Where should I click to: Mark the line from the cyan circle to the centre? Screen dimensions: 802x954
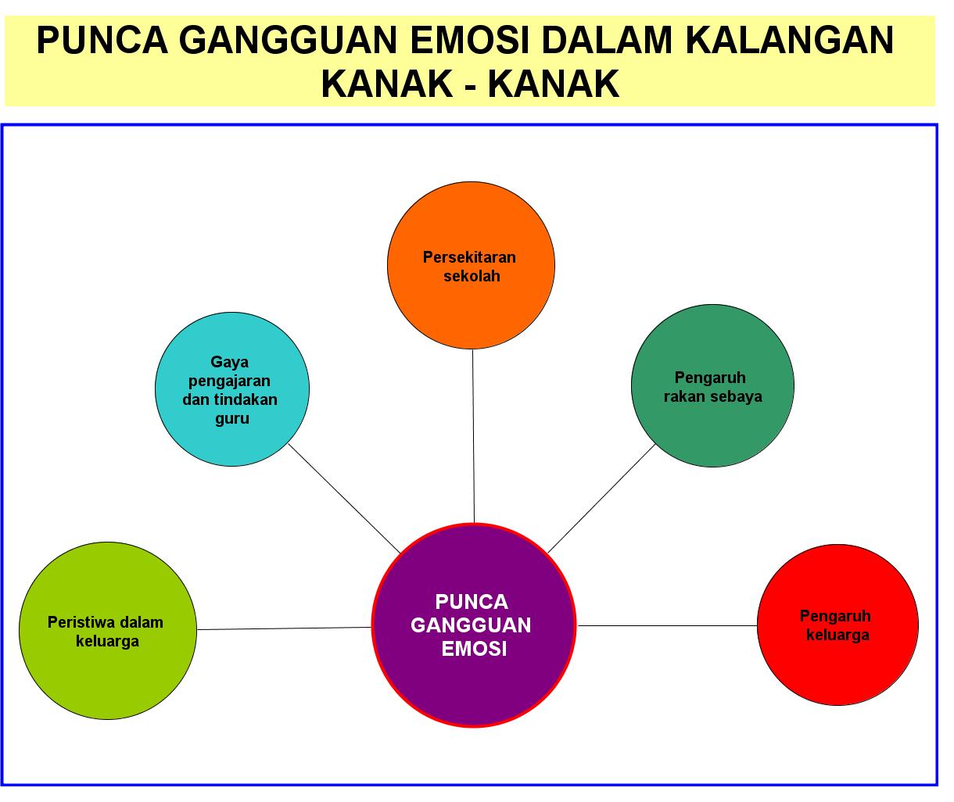pos(344,498)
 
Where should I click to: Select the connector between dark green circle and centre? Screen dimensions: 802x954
pos(601,499)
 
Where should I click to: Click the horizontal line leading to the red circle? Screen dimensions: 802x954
pos(667,625)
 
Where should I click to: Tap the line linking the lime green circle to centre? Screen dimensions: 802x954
pos(284,628)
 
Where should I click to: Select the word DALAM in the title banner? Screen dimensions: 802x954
pos(621,41)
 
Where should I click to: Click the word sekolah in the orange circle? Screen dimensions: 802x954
pos(472,276)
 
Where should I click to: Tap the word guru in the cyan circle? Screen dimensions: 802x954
pos(232,418)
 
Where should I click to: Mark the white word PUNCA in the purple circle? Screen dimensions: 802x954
pos(472,601)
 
